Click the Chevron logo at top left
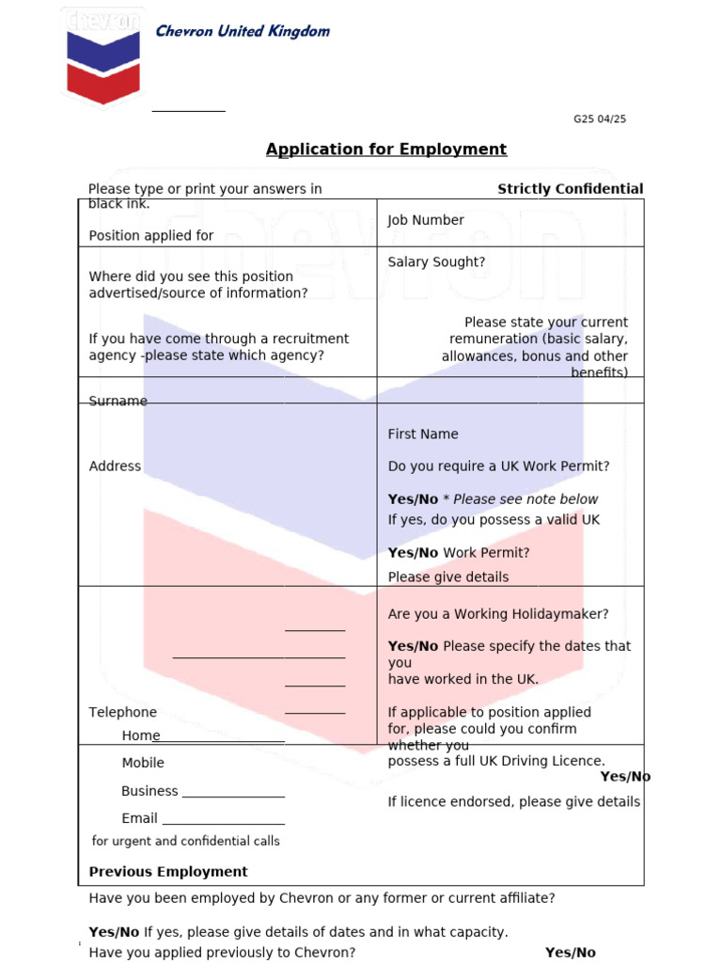point(103,56)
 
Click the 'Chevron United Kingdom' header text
point(243,31)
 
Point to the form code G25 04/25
point(599,119)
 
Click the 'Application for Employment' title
point(385,150)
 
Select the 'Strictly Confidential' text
point(570,189)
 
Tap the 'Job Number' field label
point(426,220)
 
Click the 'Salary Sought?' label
point(436,262)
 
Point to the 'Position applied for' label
point(150,236)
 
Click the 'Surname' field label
point(118,402)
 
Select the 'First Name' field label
point(423,434)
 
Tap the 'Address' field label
point(115,466)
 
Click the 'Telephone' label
point(122,713)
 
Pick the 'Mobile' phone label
point(143,763)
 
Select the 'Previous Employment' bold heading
point(168,872)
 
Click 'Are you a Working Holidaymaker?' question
point(498,614)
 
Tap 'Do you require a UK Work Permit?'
point(498,466)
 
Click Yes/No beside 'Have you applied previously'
point(570,953)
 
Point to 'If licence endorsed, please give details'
point(513,802)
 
